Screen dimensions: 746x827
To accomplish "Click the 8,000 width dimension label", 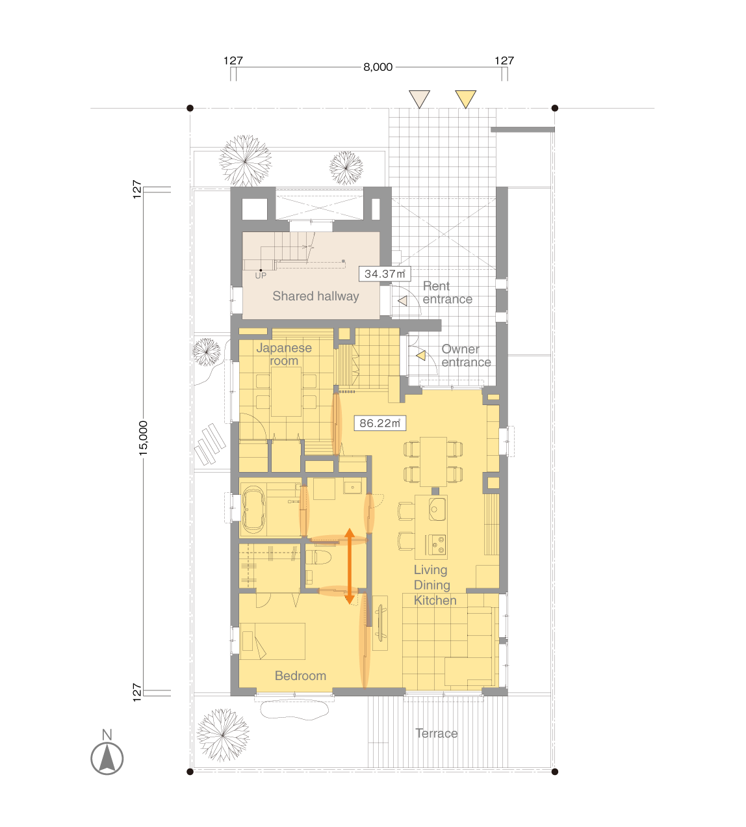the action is (x=378, y=67).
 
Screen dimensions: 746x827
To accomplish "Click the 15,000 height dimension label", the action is (x=143, y=438).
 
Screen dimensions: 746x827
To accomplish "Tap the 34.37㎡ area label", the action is (x=385, y=274).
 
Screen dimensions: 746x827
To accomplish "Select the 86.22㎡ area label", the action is (x=379, y=423).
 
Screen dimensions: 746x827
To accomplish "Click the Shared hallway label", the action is (x=315, y=296).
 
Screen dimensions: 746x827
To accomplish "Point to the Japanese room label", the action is (x=284, y=354).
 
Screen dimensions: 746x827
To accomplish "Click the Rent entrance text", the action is (x=447, y=293).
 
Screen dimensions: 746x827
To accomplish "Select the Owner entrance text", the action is (x=466, y=356).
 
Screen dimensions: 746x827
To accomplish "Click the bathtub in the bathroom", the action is (x=253, y=510).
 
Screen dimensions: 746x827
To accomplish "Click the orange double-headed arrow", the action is (x=350, y=566).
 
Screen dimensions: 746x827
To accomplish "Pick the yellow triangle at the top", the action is (x=465, y=99).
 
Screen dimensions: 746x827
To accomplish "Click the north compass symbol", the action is (x=107, y=757).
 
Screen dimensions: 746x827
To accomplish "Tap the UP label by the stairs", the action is (x=261, y=276).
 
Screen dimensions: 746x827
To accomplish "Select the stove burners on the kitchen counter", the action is (x=437, y=545).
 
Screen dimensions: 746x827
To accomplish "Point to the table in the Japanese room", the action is (x=286, y=391).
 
